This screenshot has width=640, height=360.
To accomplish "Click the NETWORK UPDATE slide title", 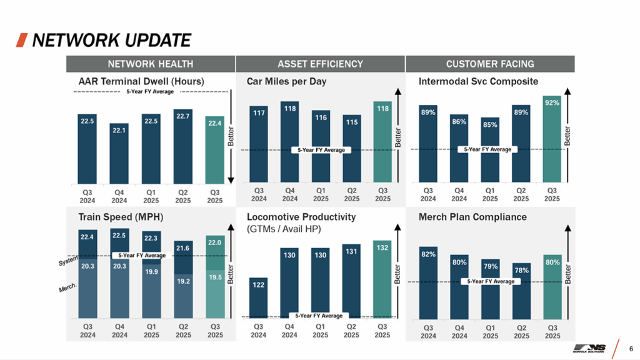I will [111, 41].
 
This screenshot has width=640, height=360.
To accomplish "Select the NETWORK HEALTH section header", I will [150, 64].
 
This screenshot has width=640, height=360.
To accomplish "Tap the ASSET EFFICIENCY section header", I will [320, 64].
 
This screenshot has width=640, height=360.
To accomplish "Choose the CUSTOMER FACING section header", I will [490, 64].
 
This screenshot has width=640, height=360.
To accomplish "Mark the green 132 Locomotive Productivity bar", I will [382, 279].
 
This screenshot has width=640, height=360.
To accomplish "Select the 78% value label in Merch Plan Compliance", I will [522, 271].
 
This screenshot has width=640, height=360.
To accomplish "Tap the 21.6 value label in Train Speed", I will [183, 248].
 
